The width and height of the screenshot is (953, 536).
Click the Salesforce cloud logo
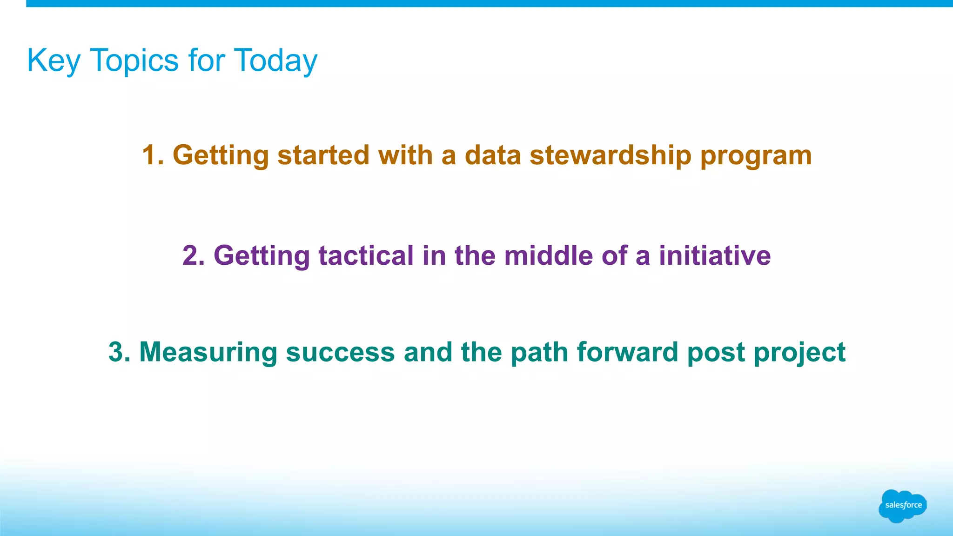click(x=902, y=505)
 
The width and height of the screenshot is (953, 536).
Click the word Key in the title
click(x=54, y=60)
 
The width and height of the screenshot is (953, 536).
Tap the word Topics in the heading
click(x=134, y=60)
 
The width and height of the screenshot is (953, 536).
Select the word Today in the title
click(x=275, y=60)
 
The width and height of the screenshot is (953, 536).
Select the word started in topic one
click(x=323, y=155)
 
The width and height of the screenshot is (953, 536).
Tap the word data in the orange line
click(x=493, y=155)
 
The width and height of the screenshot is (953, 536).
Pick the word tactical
click(x=366, y=256)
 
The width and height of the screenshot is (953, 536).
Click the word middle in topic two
click(x=548, y=256)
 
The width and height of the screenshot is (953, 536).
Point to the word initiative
click(x=714, y=256)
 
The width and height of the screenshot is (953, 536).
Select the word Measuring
click(x=208, y=352)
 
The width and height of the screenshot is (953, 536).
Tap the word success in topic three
click(x=340, y=352)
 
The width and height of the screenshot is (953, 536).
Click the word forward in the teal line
click(x=627, y=352)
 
